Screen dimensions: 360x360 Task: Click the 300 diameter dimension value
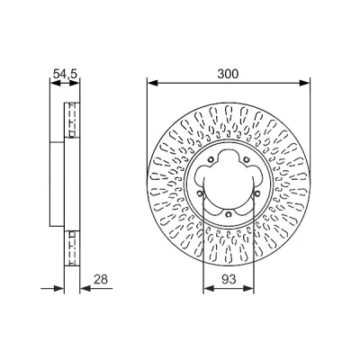pos(228,74)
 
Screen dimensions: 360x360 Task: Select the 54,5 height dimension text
pos(65,74)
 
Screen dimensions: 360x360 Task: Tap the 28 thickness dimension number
pos(101,279)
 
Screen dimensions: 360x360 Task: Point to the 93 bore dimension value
pos(229,279)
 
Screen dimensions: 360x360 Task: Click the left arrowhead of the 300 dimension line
pos(152,83)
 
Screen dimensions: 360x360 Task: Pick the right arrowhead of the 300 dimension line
pos(304,83)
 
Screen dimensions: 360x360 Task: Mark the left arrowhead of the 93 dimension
pos(209,289)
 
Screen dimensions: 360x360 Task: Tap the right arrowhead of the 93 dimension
pos(248,289)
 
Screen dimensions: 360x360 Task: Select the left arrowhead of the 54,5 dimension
pos(54,84)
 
